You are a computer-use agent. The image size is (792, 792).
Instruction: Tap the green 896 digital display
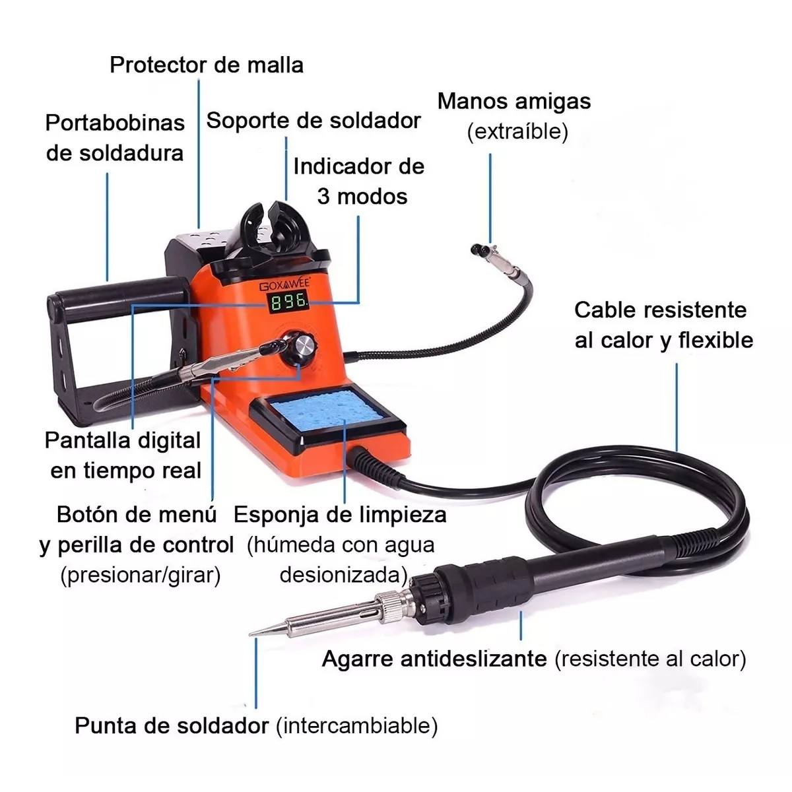click(289, 302)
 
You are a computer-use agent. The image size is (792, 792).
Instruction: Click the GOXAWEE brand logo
click(284, 284)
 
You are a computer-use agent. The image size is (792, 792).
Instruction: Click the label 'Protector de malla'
click(207, 65)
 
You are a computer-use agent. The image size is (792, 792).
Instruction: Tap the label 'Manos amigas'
click(513, 101)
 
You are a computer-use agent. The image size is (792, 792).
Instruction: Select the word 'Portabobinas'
click(115, 123)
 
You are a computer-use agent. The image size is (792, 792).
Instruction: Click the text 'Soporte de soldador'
click(313, 121)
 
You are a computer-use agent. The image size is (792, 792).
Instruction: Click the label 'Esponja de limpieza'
click(340, 515)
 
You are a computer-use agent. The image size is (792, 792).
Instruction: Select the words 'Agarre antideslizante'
click(434, 659)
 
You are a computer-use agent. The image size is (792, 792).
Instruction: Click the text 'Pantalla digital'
click(123, 441)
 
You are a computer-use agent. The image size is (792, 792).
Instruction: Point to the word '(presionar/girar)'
click(141, 575)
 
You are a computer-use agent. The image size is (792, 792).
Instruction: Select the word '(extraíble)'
click(518, 131)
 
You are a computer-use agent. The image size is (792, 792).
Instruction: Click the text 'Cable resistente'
click(660, 310)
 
